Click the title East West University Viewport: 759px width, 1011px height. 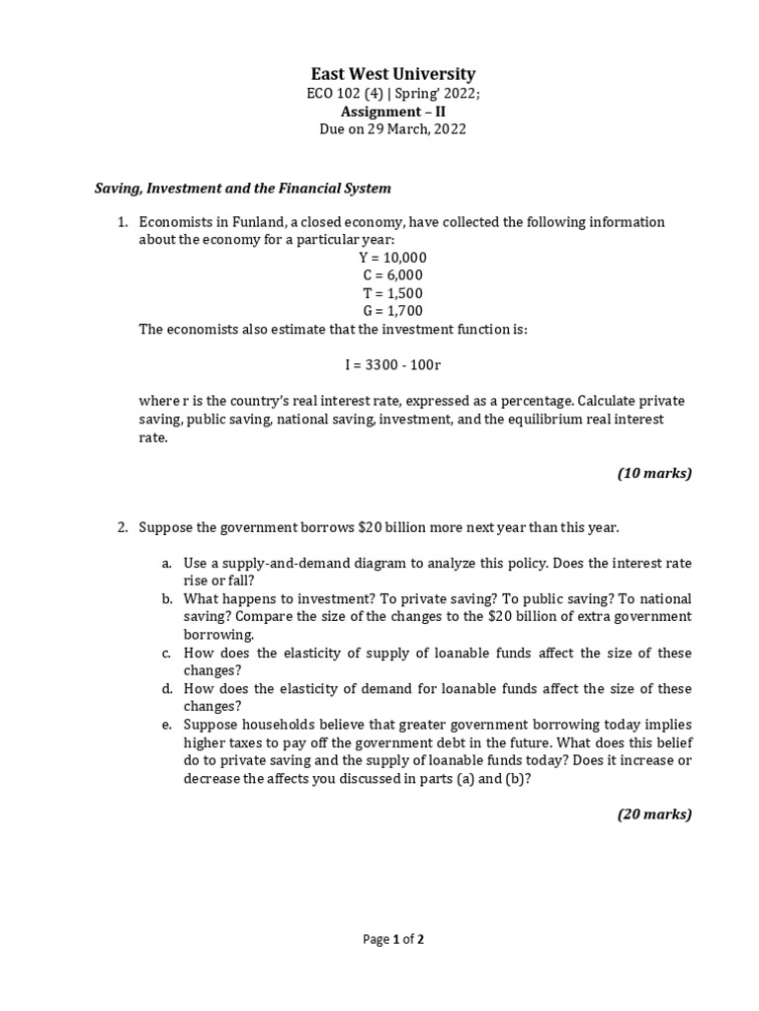[x=393, y=74]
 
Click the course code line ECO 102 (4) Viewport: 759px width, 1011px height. [x=393, y=94]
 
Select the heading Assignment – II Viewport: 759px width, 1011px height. [x=393, y=112]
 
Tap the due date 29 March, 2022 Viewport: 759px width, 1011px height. [x=393, y=129]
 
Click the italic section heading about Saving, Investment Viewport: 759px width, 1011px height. [x=242, y=188]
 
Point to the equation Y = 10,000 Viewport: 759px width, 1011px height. [x=393, y=258]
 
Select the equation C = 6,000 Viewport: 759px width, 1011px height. [x=393, y=275]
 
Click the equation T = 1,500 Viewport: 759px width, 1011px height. [x=393, y=293]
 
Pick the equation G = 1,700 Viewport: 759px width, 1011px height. [x=393, y=311]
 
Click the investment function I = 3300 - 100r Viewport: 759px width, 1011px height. [x=393, y=364]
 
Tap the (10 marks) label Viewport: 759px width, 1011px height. [x=654, y=473]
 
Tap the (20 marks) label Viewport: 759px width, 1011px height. [x=654, y=815]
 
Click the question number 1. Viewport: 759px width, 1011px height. [x=124, y=222]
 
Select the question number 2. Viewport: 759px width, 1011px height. [x=124, y=527]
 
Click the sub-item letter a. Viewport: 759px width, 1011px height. [x=167, y=563]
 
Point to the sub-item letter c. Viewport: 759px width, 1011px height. [x=167, y=654]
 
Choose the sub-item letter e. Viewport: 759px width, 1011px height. [x=167, y=725]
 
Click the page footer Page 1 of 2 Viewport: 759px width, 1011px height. [x=393, y=939]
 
